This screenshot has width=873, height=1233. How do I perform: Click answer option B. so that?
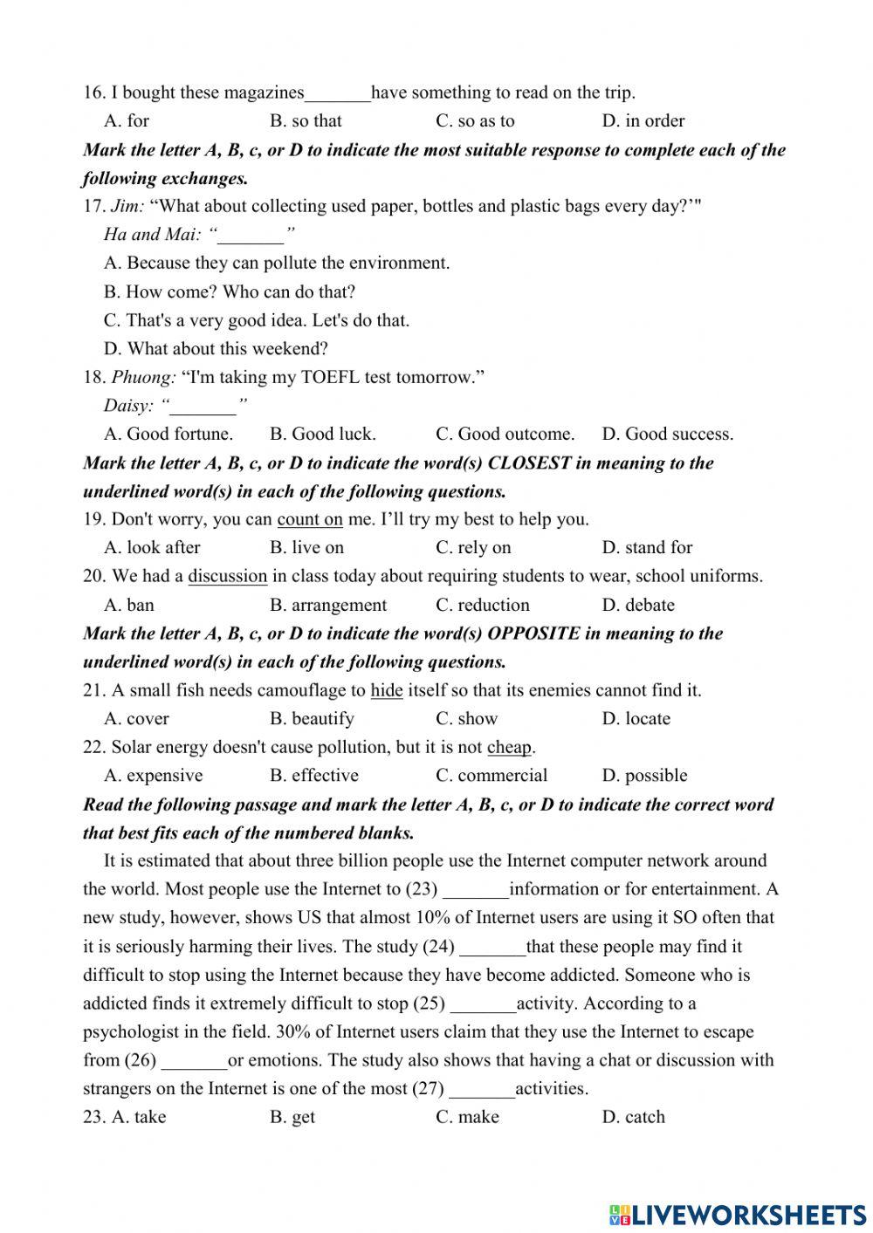click(x=306, y=120)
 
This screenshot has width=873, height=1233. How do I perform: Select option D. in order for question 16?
click(x=643, y=120)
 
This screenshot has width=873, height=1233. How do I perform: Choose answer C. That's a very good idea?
click(x=256, y=320)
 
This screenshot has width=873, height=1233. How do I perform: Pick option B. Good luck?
click(x=322, y=434)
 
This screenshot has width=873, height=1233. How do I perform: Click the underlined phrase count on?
click(x=310, y=519)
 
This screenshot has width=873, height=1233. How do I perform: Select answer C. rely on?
click(x=473, y=548)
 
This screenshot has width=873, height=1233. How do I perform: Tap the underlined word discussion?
click(x=227, y=576)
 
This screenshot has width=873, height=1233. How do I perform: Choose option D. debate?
click(x=637, y=605)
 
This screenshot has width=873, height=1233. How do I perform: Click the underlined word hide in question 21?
click(x=386, y=690)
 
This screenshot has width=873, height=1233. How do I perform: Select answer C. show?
click(x=466, y=719)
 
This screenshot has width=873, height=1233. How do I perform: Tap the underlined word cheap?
click(x=509, y=747)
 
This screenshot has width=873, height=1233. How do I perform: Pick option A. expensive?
click(x=153, y=776)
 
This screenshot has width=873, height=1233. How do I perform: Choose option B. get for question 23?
click(x=292, y=1117)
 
